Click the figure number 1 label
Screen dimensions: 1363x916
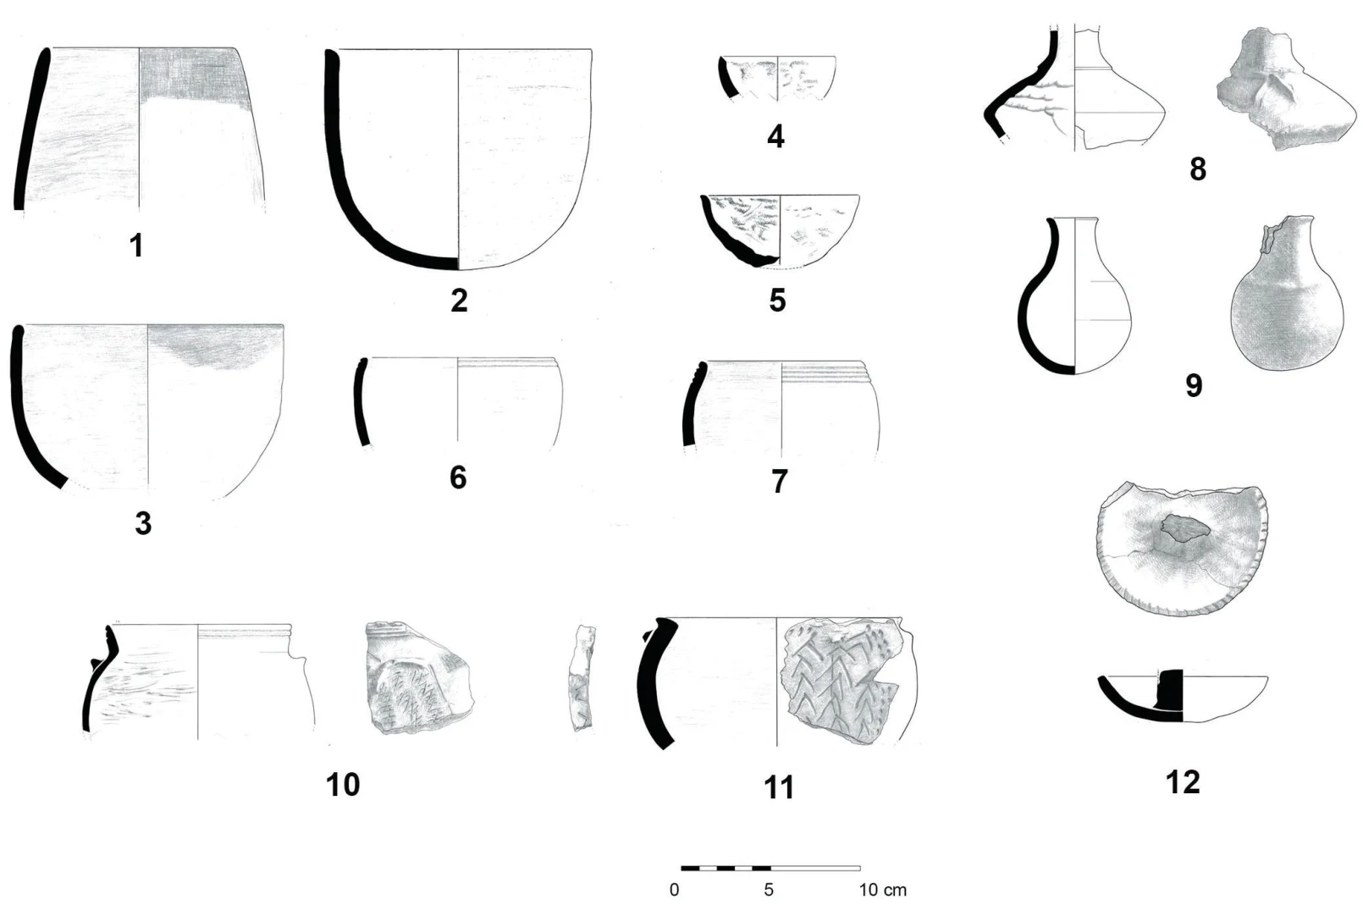pyautogui.click(x=137, y=246)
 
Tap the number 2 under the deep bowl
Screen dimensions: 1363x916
pyautogui.click(x=459, y=301)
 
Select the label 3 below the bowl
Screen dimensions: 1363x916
pyautogui.click(x=143, y=523)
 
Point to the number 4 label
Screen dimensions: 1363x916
pyautogui.click(x=775, y=136)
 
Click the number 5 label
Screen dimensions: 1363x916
pyautogui.click(x=778, y=300)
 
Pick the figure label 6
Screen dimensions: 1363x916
pyautogui.click(x=458, y=477)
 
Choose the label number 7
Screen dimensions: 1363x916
pyautogui.click(x=780, y=482)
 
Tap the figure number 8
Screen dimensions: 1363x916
pyautogui.click(x=1198, y=168)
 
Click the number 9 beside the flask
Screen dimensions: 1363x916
pyautogui.click(x=1194, y=385)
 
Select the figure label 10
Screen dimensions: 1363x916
pyautogui.click(x=343, y=785)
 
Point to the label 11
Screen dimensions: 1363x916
pyautogui.click(x=779, y=787)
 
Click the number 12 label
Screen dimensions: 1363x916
pyautogui.click(x=1183, y=782)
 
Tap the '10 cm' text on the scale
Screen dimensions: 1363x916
pyautogui.click(x=882, y=890)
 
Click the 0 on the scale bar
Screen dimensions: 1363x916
pyautogui.click(x=674, y=890)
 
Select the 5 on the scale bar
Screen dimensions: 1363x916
pyautogui.click(x=769, y=890)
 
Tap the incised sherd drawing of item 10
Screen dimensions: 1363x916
pyautogui.click(x=419, y=677)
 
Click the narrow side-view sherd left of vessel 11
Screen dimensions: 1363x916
pyautogui.click(x=582, y=676)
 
